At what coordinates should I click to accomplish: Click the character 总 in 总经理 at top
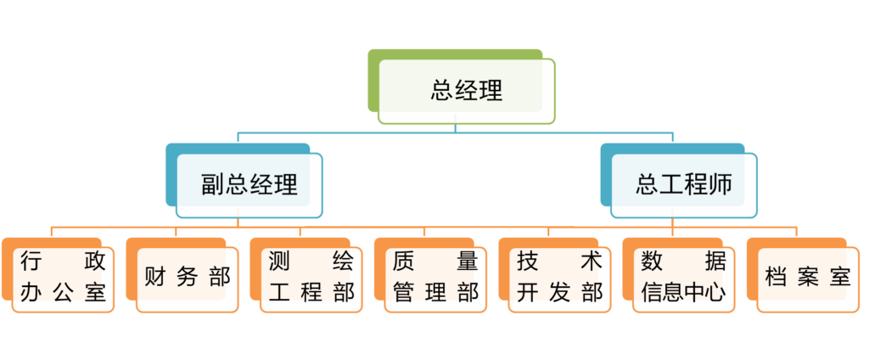(441, 90)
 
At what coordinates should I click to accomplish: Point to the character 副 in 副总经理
(212, 185)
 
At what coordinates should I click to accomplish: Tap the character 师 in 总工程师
(720, 185)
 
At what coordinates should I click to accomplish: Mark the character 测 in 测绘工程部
(279, 261)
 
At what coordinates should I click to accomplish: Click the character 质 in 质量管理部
(403, 261)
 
